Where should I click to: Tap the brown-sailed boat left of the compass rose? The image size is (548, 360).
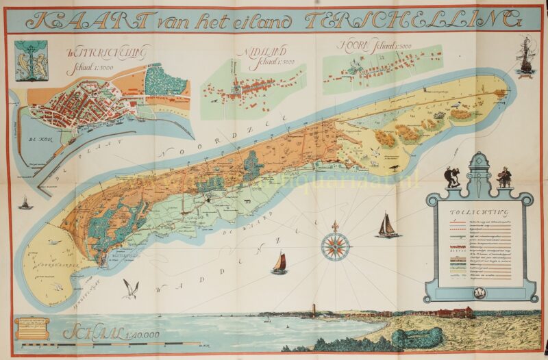click(x=279, y=263)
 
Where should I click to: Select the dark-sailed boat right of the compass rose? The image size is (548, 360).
click(x=387, y=226)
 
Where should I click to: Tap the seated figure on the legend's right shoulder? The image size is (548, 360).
click(x=504, y=177)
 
